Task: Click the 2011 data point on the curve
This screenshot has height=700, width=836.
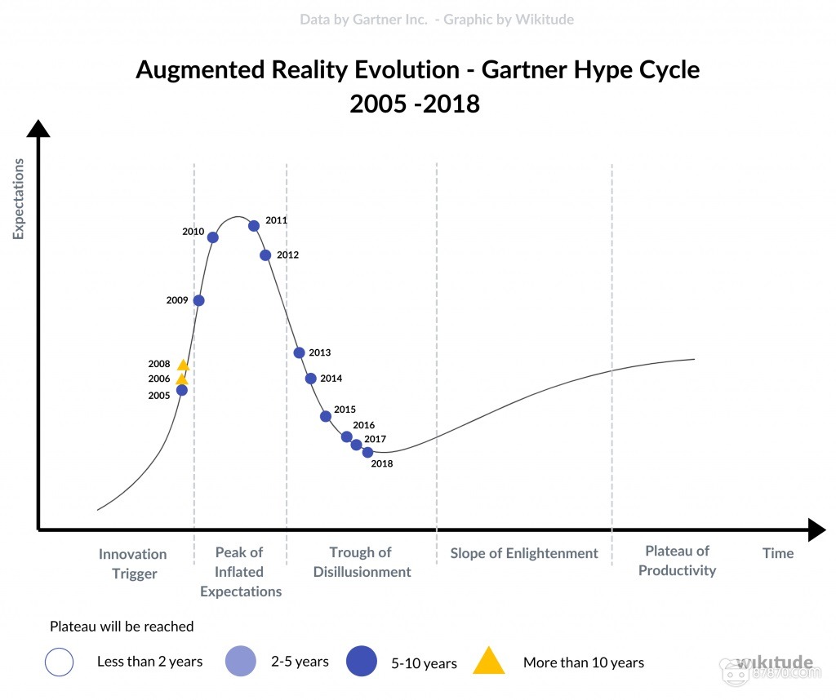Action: coord(254,226)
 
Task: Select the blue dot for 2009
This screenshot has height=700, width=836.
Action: coord(198,300)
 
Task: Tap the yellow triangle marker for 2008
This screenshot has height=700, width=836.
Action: coord(183,366)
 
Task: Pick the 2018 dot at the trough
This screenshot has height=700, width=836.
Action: coord(367,452)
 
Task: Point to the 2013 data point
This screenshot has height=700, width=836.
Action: coord(299,352)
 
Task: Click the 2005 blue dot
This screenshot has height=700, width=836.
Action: coord(182,390)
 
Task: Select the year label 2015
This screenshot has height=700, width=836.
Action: coord(345,410)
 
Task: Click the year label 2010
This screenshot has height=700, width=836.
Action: coord(193,232)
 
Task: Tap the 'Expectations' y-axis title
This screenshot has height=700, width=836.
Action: coord(18,199)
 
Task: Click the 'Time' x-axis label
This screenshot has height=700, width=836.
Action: coord(777,553)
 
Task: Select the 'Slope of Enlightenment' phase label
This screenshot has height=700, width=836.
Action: coord(524,553)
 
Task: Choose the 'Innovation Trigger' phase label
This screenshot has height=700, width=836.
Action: coord(133,564)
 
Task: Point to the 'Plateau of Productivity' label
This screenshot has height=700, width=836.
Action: coord(677,561)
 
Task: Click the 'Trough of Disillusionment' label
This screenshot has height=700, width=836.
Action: coord(362,563)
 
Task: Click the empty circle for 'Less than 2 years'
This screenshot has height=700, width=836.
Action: coord(60,662)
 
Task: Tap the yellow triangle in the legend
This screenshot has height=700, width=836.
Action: coord(489,661)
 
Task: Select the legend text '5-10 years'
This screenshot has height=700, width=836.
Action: coord(424,663)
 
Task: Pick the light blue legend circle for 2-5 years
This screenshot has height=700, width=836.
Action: coord(241,661)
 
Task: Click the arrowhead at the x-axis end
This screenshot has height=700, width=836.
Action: coord(817,530)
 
